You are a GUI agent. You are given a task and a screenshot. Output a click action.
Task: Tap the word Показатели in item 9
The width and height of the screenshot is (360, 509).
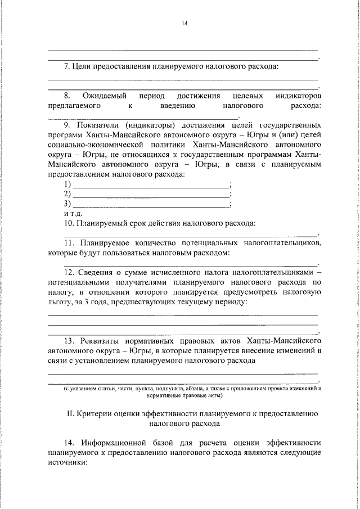pyautogui.click(x=99, y=125)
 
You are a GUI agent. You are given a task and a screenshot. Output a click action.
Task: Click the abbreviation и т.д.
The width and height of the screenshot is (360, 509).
pyautogui.click(x=73, y=213)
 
